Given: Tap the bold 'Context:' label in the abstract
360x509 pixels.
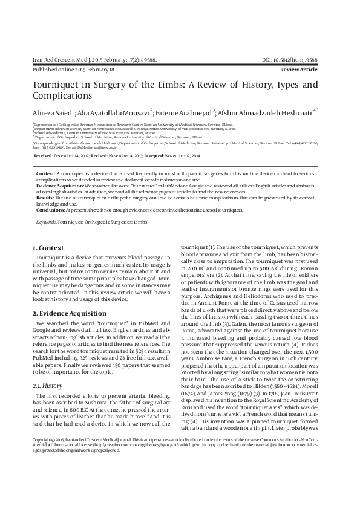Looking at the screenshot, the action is coord(46,173).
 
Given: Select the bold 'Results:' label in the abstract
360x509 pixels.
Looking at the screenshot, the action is coord(46,197).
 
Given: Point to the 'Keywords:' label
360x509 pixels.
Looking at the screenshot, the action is coord(48,222).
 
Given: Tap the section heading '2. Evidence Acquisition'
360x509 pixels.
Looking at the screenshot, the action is coord(67,313).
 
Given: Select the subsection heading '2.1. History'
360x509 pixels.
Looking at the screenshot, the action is coord(47,385).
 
